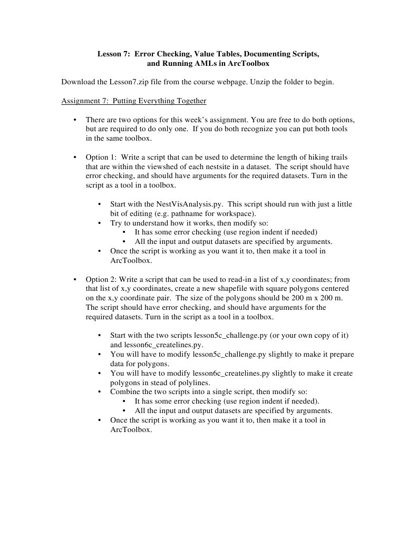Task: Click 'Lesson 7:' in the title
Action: pos(113,54)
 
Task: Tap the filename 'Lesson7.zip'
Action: pos(123,82)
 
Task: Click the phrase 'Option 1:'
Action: pos(101,157)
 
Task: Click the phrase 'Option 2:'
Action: pos(101,279)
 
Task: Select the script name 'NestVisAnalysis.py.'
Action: pos(190,204)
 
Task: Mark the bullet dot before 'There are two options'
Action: pos(75,120)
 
